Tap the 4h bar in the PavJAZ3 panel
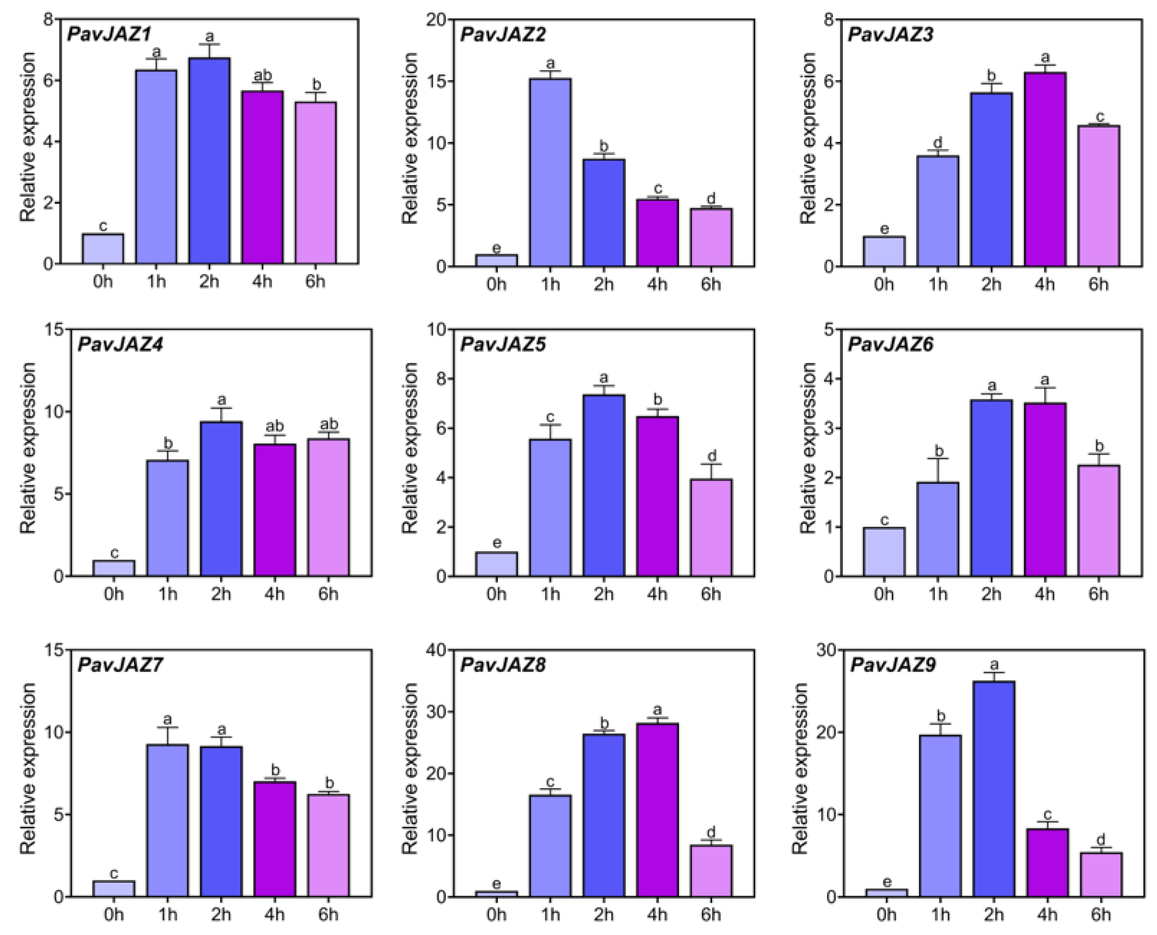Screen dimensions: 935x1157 (1045, 169)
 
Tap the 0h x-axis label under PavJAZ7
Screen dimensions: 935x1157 (114, 914)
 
